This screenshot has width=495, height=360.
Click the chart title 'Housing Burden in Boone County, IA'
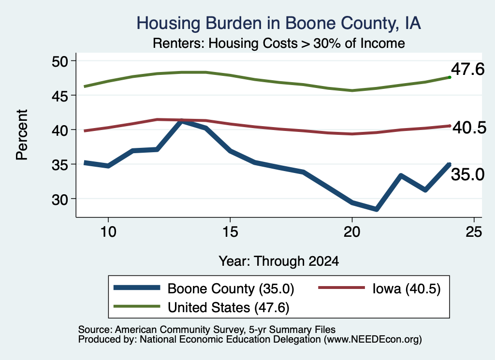pyautogui.click(x=278, y=23)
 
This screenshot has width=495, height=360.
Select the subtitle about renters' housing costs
pyautogui.click(x=279, y=43)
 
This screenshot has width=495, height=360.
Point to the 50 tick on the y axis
pyautogui.click(x=60, y=61)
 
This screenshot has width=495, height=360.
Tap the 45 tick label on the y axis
pyautogui.click(x=60, y=96)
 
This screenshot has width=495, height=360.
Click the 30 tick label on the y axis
pyautogui.click(x=60, y=199)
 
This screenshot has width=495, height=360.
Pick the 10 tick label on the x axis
pyautogui.click(x=108, y=232)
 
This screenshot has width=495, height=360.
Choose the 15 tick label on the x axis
pyautogui.click(x=230, y=232)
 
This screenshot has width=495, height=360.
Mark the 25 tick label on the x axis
pyautogui.click(x=474, y=232)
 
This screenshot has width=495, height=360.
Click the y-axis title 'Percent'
pyautogui.click(x=22, y=135)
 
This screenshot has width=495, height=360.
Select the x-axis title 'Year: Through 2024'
pyautogui.click(x=279, y=261)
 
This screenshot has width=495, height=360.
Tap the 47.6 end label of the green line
pyautogui.click(x=467, y=69)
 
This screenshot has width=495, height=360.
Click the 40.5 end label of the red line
pyautogui.click(x=469, y=128)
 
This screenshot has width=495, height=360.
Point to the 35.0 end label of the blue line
pyautogui.click(x=467, y=174)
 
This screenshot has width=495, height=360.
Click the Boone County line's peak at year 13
pyautogui.click(x=181, y=121)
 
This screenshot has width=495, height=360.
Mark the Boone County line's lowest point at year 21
pyautogui.click(x=376, y=209)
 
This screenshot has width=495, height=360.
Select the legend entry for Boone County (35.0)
pyautogui.click(x=204, y=288)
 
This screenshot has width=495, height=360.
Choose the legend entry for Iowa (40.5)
pyautogui.click(x=379, y=288)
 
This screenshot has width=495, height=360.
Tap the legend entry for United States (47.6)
pyautogui.click(x=202, y=307)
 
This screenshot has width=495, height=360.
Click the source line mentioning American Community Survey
pyautogui.click(x=207, y=330)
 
